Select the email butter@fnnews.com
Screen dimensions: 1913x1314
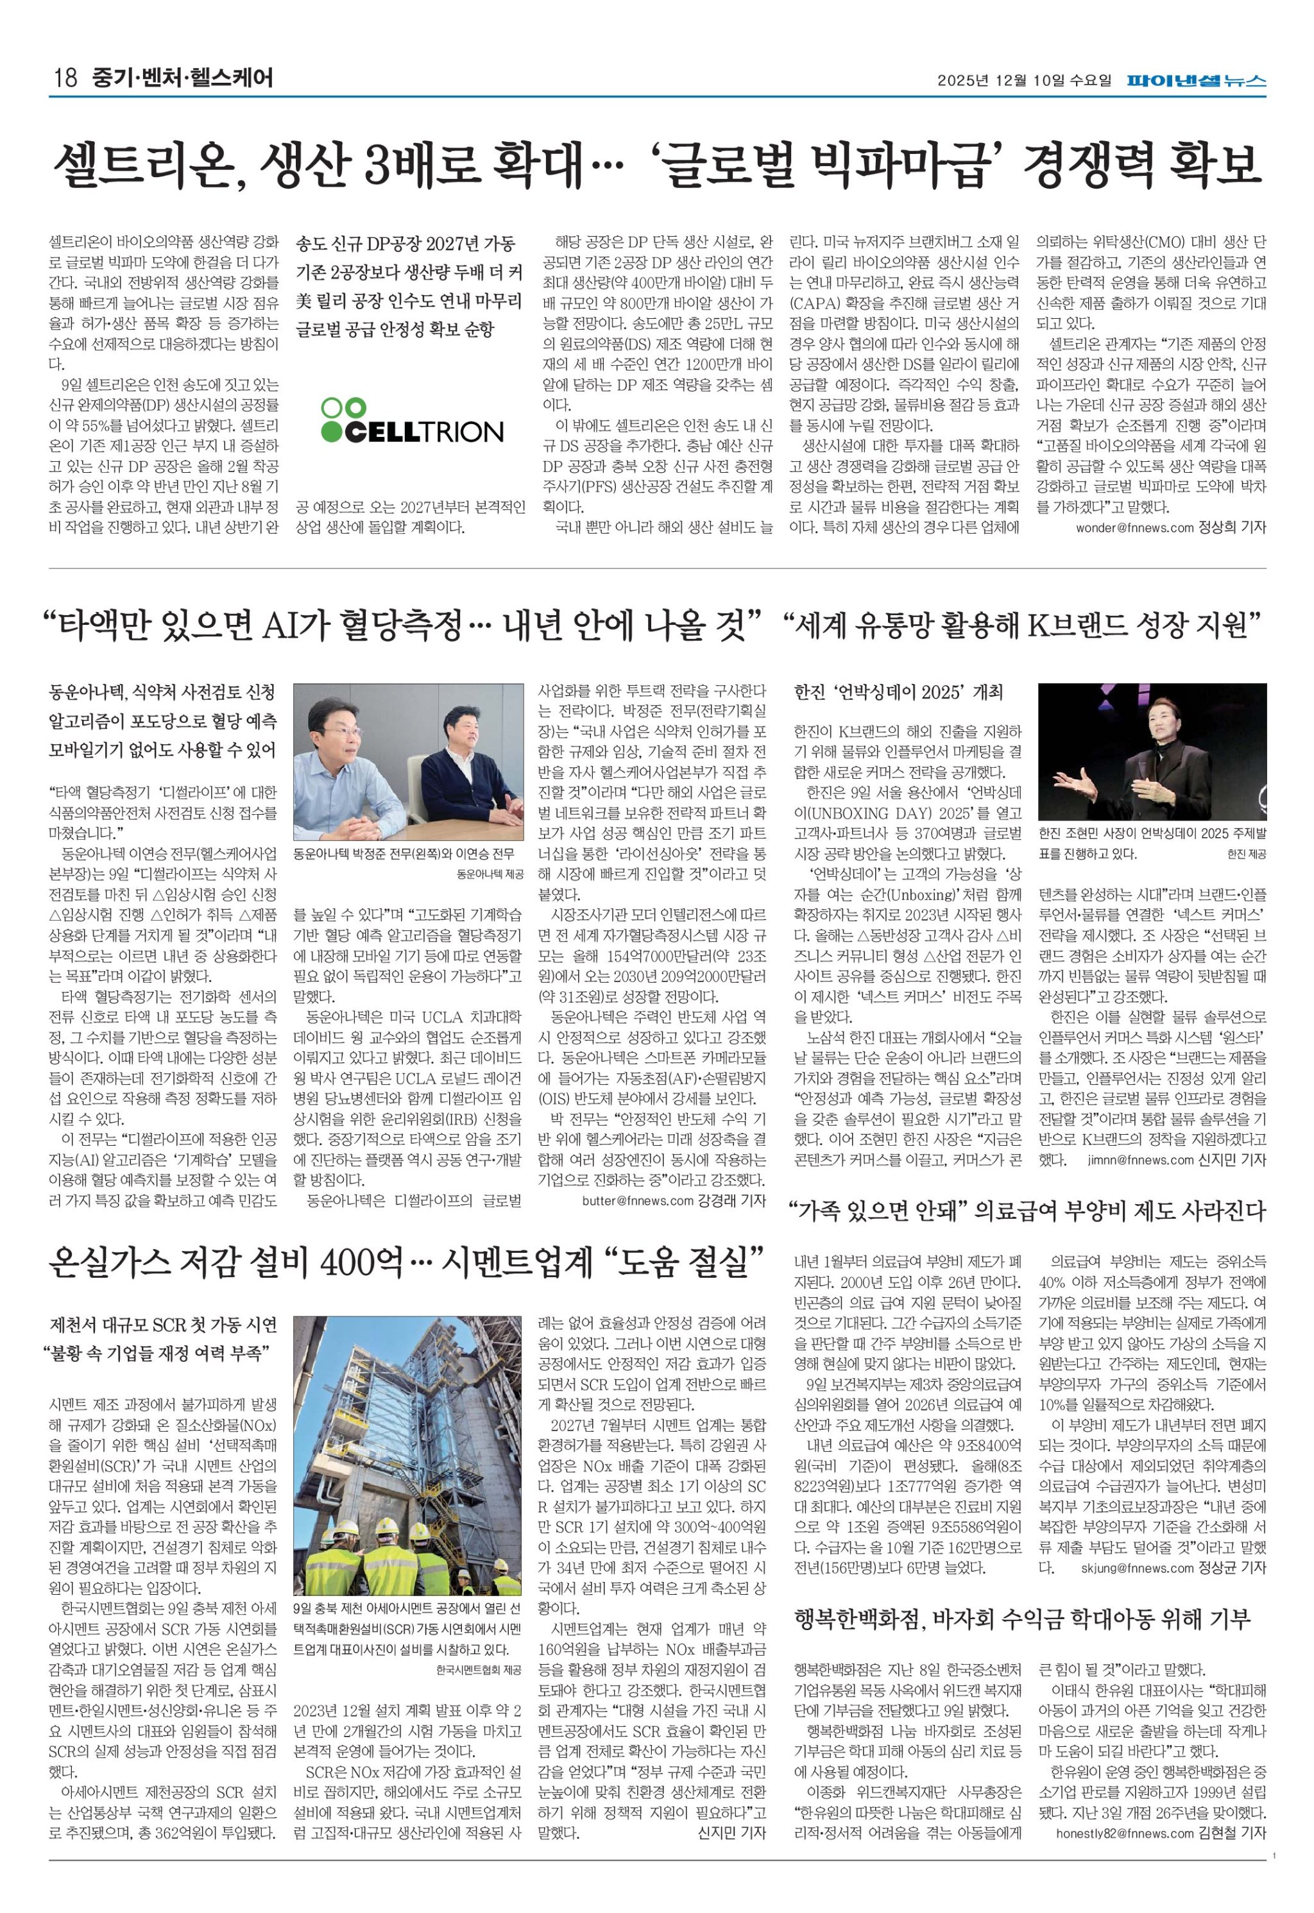point(638,1201)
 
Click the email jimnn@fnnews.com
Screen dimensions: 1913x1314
point(1139,1160)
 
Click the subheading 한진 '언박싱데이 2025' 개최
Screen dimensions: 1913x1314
point(898,692)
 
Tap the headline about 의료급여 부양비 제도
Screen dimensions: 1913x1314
point(1026,1211)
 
